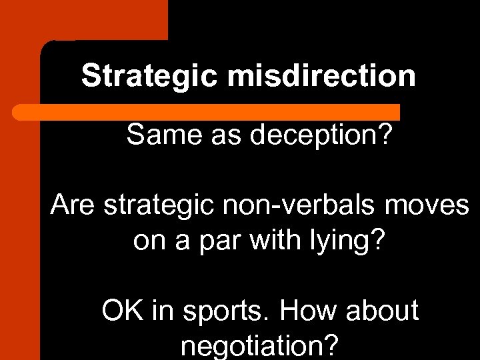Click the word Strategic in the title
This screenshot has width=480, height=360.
point(150,76)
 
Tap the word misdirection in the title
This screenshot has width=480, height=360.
point(321,76)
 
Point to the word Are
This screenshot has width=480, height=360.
point(73,205)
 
